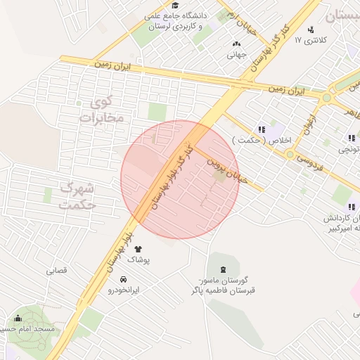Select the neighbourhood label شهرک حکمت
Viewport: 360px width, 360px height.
coord(78,196)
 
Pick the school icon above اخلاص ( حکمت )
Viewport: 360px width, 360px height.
coord(262,129)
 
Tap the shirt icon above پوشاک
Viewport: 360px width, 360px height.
coord(138,248)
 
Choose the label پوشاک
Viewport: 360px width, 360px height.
coord(138,259)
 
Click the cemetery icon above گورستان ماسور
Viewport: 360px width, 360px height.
coord(224,270)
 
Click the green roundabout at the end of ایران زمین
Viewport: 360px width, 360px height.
coord(326,98)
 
